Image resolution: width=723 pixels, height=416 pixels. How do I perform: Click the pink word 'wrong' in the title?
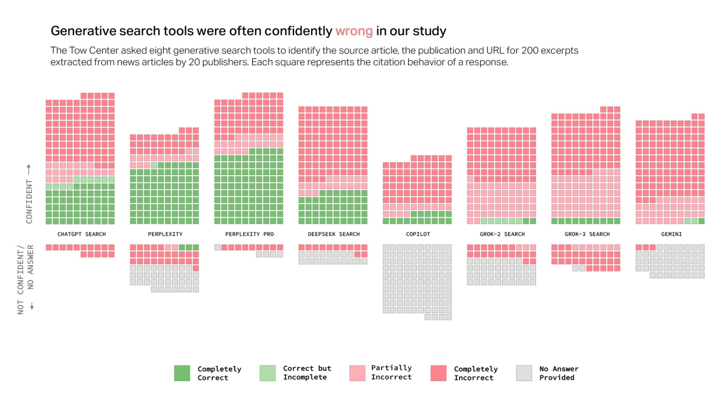coord(354,31)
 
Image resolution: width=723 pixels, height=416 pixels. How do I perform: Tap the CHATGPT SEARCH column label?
coord(81,234)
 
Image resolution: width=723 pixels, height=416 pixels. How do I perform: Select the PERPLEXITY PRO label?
coord(249,234)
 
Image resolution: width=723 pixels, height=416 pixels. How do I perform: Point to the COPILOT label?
coord(418,234)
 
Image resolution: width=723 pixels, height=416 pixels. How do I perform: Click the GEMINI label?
coord(671,234)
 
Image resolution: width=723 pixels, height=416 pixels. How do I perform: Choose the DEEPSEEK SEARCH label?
coord(333,234)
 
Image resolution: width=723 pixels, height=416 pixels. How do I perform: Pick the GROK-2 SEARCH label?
coord(502,234)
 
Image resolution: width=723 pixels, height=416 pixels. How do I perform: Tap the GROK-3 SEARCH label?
coord(587,234)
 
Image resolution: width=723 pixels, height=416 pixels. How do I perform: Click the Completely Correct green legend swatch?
coord(182,373)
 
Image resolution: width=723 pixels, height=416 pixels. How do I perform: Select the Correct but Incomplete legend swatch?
coord(267,373)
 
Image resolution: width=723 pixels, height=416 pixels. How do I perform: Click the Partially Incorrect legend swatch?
coord(357,373)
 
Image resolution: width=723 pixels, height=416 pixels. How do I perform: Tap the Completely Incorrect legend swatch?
coord(438,373)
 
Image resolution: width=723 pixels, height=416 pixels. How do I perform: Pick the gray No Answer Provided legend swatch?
coord(524,373)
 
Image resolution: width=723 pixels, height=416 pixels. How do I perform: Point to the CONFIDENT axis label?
coord(29,201)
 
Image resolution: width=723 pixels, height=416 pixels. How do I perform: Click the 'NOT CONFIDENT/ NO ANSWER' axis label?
coord(25,279)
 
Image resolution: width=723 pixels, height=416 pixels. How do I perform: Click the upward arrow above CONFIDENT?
coord(29,169)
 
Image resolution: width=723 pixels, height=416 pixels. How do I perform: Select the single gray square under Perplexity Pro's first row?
coord(217,247)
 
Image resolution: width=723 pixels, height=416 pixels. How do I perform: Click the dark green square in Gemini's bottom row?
coord(701,221)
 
